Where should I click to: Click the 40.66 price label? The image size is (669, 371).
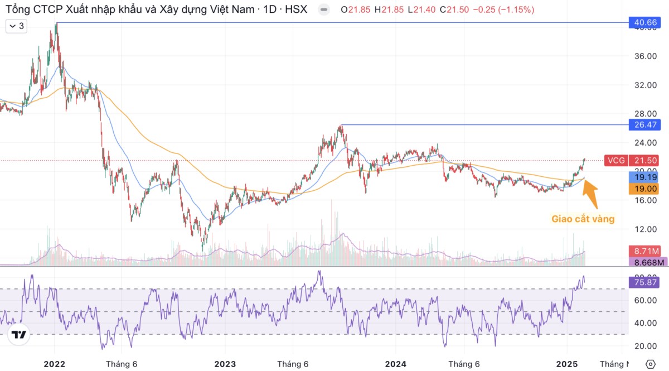point(644,22)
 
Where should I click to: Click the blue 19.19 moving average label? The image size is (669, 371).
point(644,177)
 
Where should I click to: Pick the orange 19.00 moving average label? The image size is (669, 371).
point(644,189)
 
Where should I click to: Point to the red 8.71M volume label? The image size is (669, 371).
point(644,251)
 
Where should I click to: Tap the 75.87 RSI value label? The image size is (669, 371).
point(644,282)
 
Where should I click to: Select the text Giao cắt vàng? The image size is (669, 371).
point(583,219)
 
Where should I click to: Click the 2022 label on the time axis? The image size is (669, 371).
point(54,364)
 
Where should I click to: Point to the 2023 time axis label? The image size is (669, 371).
point(225,364)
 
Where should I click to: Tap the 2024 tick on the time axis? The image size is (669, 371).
point(396,364)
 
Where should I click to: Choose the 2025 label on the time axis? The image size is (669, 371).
point(567,364)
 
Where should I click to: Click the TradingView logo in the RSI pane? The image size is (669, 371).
point(19,335)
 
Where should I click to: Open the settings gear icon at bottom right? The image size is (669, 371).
point(650,364)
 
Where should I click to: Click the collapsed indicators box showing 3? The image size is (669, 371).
point(16,26)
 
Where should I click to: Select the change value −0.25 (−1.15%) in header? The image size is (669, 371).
point(505,9)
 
